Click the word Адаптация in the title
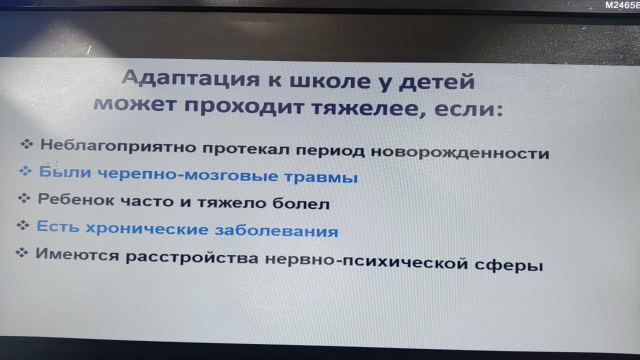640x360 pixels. [x=191, y=78]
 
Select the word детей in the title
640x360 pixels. [x=436, y=82]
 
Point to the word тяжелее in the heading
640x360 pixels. [x=368, y=108]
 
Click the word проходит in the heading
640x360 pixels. [x=243, y=105]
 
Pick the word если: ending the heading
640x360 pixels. [x=468, y=110]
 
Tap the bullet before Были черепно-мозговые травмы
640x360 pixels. [x=25, y=171]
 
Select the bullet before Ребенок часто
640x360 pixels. [x=24, y=197]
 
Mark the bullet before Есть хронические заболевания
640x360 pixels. [x=23, y=225]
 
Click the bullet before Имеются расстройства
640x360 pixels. [x=21, y=252]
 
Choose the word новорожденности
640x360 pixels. [x=460, y=153]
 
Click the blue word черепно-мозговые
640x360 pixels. [x=187, y=174]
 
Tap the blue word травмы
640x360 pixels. [x=321, y=177]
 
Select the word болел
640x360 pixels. [x=301, y=203]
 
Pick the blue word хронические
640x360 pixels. [x=147, y=228]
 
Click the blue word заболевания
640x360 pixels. [x=276, y=231]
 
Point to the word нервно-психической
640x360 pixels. [x=366, y=262]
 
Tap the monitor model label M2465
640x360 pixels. [x=622, y=5]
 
